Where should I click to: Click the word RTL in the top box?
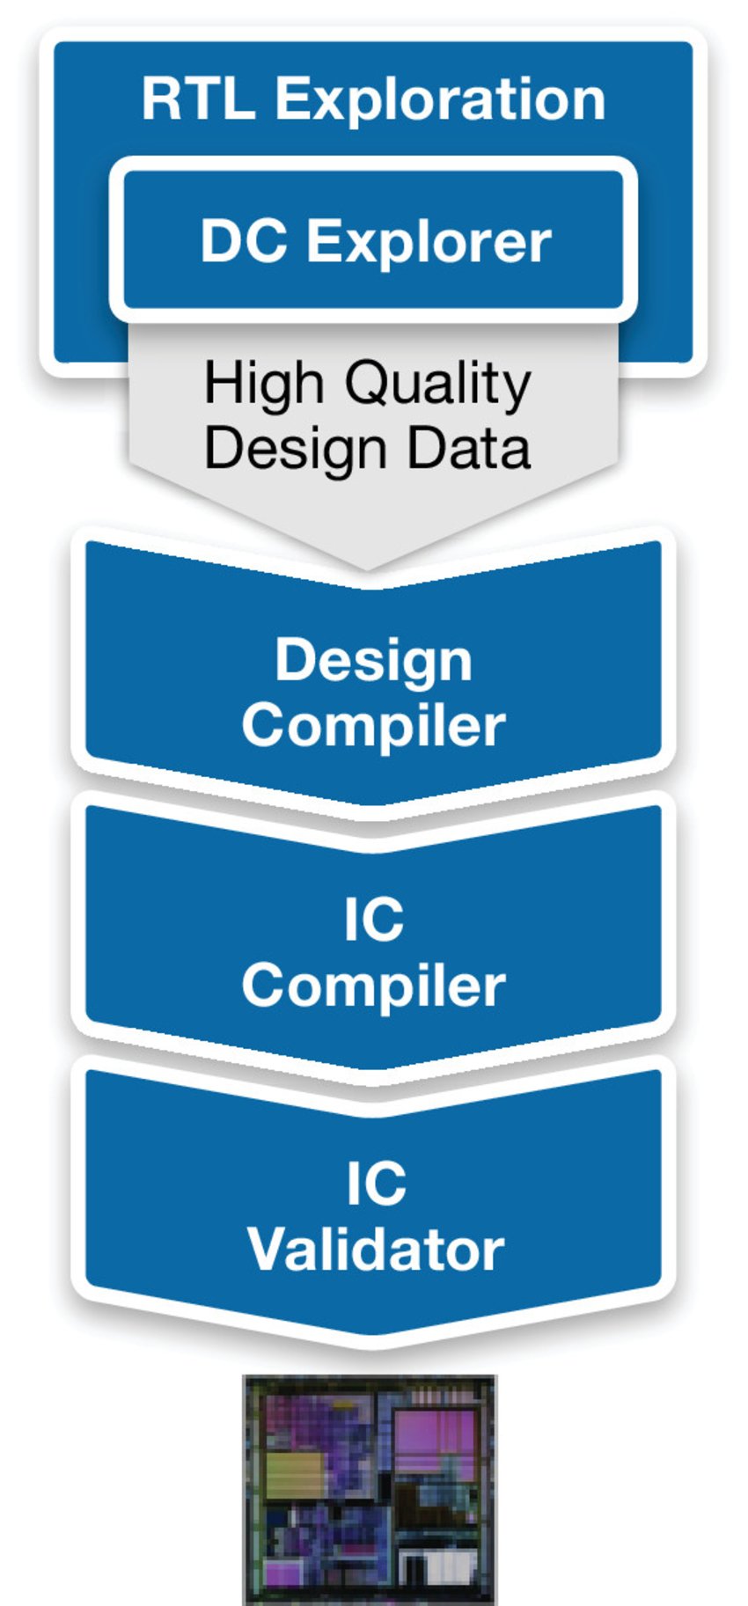[198, 99]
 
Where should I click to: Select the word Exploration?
[440, 100]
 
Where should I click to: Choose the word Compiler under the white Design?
[373, 726]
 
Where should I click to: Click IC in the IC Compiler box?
[373, 920]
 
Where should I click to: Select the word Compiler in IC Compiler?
[373, 986]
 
